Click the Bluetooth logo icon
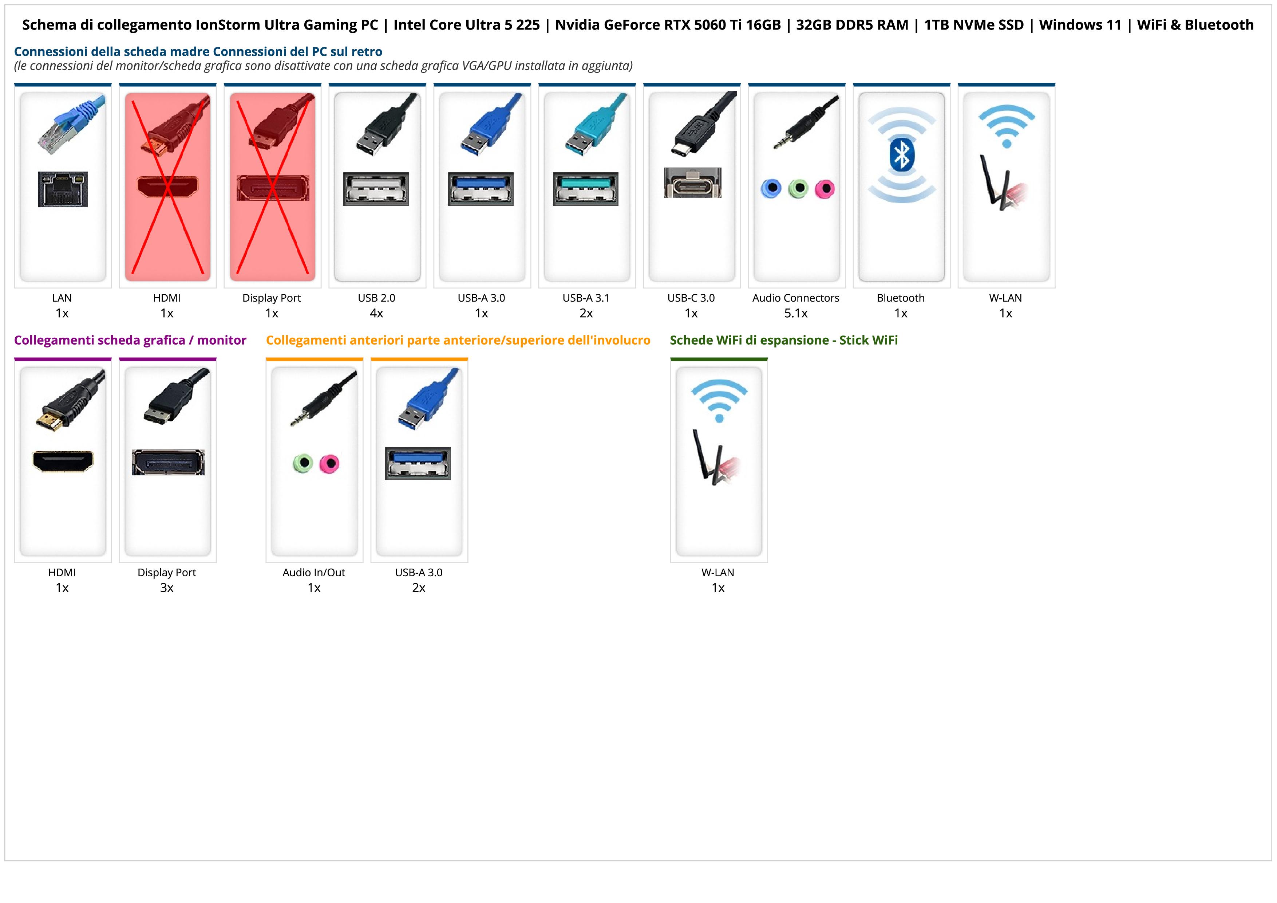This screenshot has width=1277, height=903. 902,155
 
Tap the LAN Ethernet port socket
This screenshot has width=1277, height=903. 63,189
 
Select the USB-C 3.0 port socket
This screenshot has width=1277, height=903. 692,182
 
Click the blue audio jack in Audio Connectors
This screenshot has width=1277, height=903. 771,189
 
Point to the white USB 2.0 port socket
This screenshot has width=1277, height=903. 376,189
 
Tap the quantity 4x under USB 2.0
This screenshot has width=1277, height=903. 376,313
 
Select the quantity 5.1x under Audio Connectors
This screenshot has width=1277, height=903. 796,313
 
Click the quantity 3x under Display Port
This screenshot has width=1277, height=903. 167,588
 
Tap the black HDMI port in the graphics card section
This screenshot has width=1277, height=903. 63,461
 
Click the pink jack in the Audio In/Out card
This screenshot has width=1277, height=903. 330,463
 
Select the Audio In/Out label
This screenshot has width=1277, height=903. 314,573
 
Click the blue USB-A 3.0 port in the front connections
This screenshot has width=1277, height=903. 418,463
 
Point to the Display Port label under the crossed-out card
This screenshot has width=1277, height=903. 272,298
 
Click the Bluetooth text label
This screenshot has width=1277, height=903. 901,298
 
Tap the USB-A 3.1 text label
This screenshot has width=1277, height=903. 586,298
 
